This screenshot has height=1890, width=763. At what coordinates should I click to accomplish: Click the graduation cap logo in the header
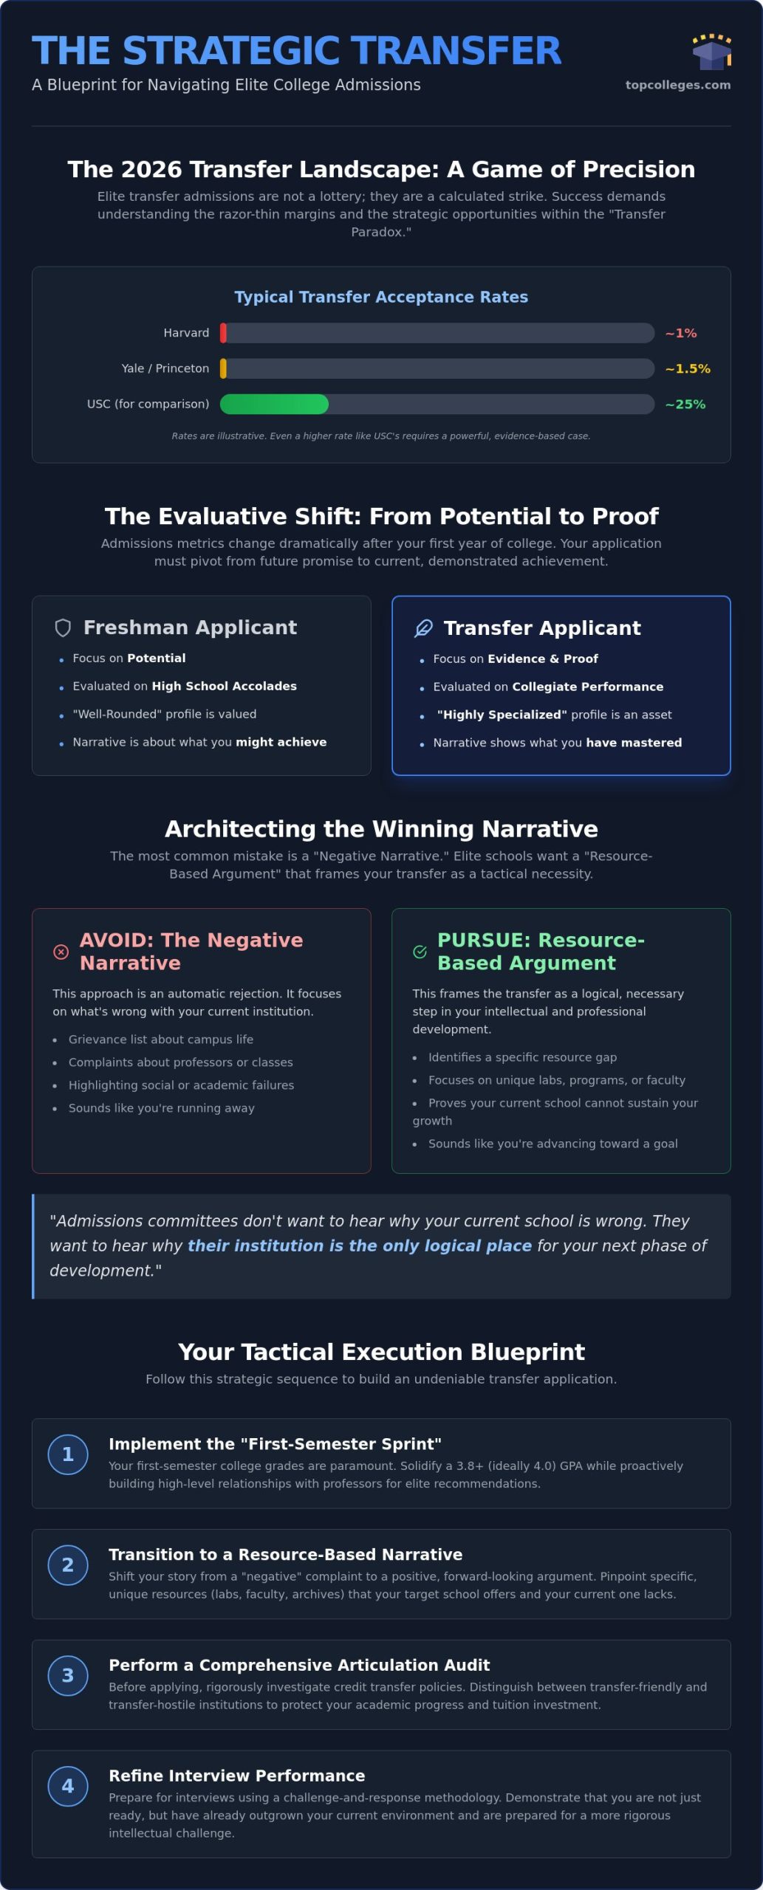(x=711, y=52)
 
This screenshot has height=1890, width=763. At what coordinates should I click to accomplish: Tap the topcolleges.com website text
(x=678, y=85)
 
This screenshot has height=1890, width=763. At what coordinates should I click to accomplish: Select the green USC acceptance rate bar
(x=274, y=404)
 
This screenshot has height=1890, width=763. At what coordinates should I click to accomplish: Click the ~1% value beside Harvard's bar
(x=681, y=333)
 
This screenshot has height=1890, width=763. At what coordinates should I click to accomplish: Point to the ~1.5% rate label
(x=688, y=368)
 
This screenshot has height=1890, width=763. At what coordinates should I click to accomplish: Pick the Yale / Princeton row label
(x=165, y=368)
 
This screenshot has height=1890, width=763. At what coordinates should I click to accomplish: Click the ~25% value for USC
(x=685, y=404)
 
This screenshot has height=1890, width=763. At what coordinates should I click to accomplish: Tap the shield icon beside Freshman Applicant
(x=63, y=628)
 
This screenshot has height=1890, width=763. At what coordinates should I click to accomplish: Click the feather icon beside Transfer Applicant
(x=423, y=628)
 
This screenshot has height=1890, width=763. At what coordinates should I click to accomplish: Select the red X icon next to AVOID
(x=61, y=952)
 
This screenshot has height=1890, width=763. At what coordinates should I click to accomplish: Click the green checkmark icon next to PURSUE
(x=420, y=952)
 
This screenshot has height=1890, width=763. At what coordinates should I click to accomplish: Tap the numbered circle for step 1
(x=68, y=1454)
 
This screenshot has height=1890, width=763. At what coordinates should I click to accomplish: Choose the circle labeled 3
(x=68, y=1676)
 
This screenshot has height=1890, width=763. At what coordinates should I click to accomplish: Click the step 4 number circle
(x=68, y=1787)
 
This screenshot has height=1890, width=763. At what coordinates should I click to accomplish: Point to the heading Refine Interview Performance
(x=237, y=1776)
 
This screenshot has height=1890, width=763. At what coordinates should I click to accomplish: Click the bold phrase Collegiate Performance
(x=588, y=687)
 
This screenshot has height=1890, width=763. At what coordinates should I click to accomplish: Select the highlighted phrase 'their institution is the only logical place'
(x=360, y=1245)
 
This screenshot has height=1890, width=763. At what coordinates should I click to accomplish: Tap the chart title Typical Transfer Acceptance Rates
(x=381, y=297)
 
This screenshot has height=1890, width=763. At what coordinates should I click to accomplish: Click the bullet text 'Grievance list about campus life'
(x=161, y=1039)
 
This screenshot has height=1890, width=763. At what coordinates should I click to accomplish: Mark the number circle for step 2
(x=68, y=1565)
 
